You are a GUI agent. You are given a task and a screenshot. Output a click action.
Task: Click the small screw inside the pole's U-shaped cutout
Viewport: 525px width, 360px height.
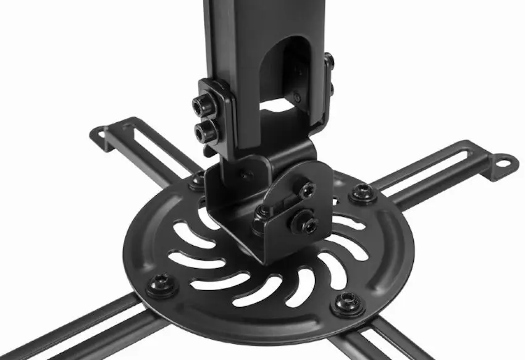298,96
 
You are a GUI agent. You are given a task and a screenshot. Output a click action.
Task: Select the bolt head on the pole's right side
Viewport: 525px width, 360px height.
329,61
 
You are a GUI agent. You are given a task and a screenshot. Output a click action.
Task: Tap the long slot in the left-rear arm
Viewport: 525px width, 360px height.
154,148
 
